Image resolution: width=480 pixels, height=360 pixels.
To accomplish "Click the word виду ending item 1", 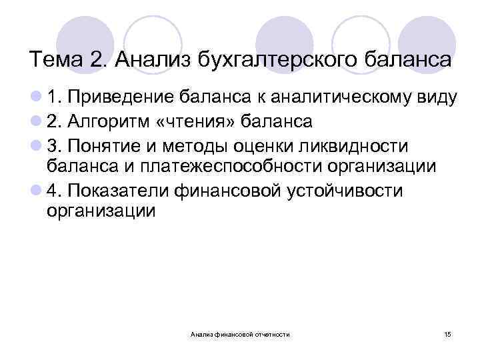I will coord(435,99).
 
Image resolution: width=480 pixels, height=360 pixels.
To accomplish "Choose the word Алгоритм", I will coord(109,122).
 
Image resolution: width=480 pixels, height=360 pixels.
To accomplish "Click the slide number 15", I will coord(447,333).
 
